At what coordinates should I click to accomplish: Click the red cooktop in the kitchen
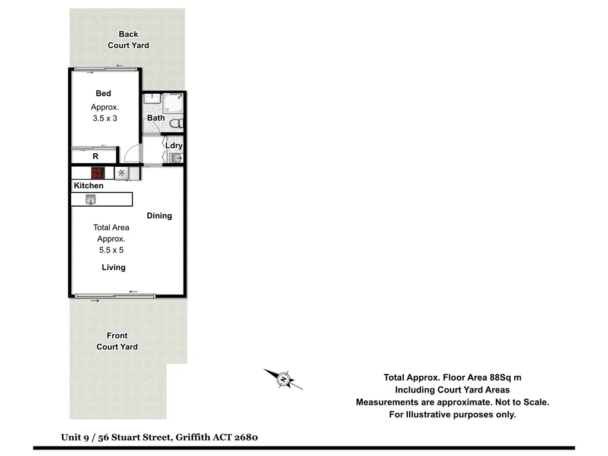[x=97, y=173]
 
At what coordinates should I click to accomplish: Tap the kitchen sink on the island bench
[x=91, y=199]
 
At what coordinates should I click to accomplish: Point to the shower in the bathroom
[x=173, y=103]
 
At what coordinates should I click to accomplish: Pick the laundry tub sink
[x=175, y=158]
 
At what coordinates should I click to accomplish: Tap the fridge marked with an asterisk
[x=122, y=173]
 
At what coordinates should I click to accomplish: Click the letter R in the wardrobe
[x=95, y=157]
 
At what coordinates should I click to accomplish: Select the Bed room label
[x=103, y=93]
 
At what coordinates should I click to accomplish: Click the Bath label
[x=156, y=118]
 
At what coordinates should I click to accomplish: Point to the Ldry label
[x=174, y=145]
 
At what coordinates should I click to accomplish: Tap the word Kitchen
[x=88, y=186]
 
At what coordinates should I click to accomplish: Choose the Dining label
[x=159, y=216]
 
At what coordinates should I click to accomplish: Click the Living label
[x=113, y=267]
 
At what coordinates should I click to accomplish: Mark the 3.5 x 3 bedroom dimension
[x=105, y=118]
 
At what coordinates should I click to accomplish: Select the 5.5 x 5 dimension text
[x=111, y=250]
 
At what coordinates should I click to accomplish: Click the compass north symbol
[x=284, y=378]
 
